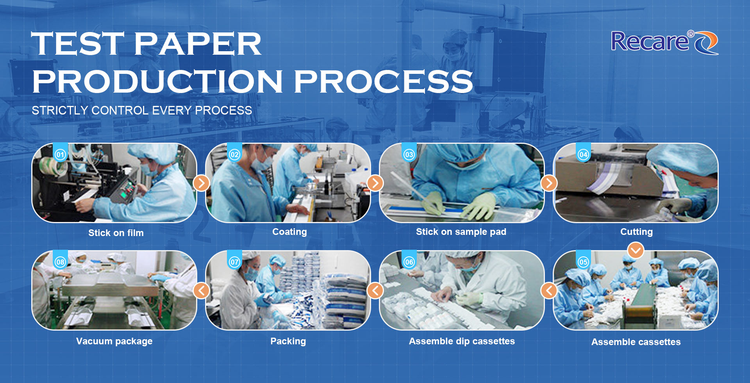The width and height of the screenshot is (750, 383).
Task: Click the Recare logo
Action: (x=664, y=42)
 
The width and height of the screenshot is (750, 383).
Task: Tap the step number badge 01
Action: (x=60, y=154)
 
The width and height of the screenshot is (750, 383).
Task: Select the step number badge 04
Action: (x=583, y=154)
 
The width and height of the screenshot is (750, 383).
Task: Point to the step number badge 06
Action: (x=409, y=262)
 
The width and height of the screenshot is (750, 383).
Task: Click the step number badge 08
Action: (x=60, y=262)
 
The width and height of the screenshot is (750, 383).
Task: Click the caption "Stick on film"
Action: (x=116, y=233)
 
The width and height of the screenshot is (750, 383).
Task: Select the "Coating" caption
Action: (x=289, y=232)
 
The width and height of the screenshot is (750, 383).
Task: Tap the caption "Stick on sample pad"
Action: (x=461, y=232)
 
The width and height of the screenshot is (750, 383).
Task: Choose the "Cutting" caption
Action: (x=636, y=232)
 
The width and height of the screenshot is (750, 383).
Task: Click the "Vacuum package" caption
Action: (x=114, y=341)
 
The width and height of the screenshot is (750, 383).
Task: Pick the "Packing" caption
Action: (x=288, y=341)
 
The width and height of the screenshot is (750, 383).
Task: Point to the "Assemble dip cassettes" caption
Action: (x=462, y=341)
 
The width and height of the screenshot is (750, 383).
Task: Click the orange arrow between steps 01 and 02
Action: (x=202, y=183)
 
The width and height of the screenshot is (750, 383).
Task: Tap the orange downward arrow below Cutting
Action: (x=636, y=250)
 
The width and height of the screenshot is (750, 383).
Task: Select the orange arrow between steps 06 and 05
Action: (x=549, y=290)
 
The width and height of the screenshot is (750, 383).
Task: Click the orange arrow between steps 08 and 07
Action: (x=202, y=290)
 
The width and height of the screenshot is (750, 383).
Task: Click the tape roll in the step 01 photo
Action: (x=55, y=168)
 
